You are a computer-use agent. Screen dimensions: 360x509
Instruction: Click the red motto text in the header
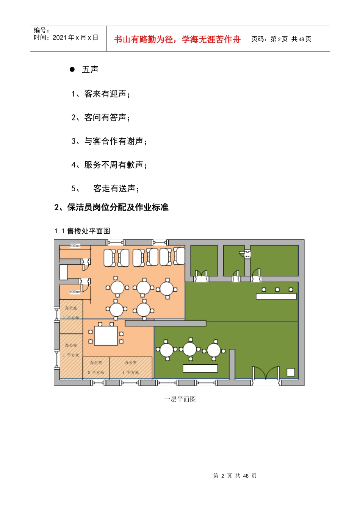177,39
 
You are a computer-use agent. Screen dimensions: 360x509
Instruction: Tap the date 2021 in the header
59,37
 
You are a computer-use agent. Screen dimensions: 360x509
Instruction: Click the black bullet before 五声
72,69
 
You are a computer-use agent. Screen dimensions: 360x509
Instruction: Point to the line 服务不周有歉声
109,165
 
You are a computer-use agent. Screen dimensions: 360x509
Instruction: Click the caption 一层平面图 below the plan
180,399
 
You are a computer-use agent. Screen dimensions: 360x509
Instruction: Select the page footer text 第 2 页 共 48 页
235,476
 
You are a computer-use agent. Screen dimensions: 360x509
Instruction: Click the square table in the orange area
106,336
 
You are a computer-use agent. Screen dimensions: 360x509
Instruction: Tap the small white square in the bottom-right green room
291,372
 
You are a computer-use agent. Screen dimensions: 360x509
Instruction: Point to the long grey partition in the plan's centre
166,323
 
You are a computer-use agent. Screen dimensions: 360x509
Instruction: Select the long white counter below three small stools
276,296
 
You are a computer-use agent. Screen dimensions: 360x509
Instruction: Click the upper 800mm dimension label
75,246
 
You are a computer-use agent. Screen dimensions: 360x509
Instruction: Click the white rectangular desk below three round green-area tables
200,368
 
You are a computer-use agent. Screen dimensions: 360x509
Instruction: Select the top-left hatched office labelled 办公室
71,312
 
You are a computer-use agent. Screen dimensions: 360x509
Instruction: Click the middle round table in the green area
190,349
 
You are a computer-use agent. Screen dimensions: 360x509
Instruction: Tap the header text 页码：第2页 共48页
281,39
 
